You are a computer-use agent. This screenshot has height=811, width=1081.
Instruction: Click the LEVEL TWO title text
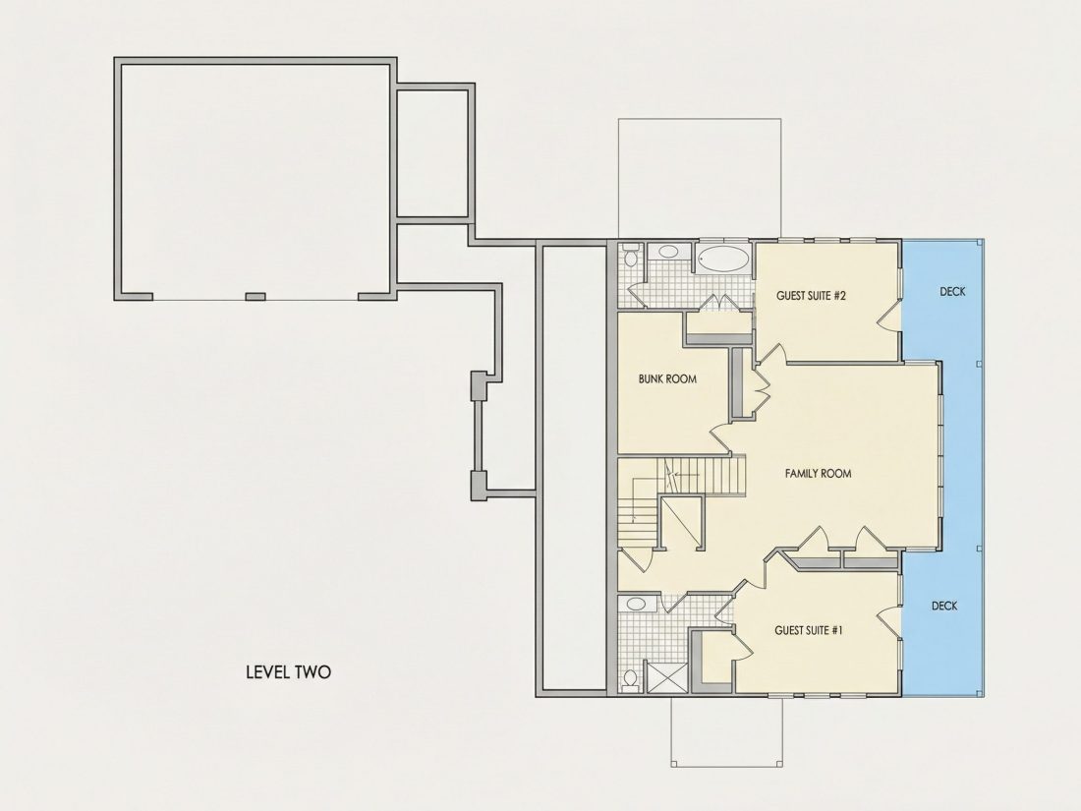[288, 671]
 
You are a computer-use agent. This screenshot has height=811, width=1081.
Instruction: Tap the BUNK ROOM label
[667, 378]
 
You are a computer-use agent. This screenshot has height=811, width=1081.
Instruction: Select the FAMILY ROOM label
[819, 474]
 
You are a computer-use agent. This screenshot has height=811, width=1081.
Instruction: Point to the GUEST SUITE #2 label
[811, 296]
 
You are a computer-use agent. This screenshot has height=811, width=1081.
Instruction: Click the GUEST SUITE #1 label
[809, 630]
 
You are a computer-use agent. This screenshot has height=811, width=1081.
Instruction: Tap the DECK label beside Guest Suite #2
[953, 292]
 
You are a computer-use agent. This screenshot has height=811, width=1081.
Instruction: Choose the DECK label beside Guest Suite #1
[944, 607]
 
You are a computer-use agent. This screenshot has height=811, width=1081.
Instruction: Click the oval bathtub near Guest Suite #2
[722, 260]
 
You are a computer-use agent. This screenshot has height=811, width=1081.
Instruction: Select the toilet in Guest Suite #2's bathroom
[629, 257]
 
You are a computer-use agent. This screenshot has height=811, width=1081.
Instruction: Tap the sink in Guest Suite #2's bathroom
[667, 251]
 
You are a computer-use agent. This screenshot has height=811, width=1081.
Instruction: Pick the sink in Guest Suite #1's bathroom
[635, 605]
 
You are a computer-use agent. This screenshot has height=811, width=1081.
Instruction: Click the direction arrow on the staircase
[683, 475]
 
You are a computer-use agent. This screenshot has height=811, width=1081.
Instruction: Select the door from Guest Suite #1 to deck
[889, 620]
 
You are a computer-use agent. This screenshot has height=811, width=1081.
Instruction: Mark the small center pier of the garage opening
[256, 297]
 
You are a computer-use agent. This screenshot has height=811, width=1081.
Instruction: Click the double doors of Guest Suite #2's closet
[720, 304]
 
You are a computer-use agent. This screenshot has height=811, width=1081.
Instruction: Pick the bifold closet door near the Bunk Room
[761, 389]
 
